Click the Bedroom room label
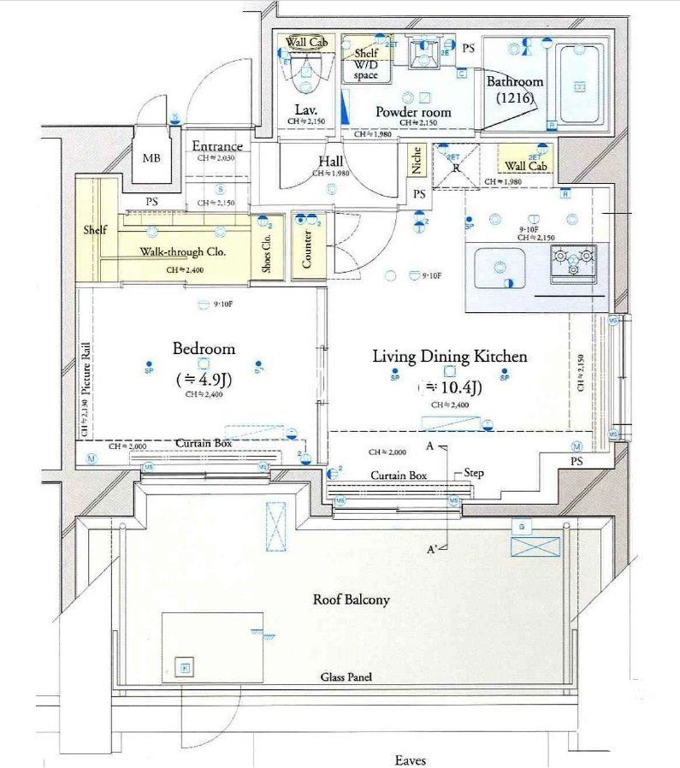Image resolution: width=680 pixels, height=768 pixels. [x=204, y=349]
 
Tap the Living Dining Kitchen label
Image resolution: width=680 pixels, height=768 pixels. [x=449, y=357]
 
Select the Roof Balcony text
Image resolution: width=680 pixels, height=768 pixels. [x=351, y=600]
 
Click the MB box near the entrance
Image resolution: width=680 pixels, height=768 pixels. [x=151, y=158]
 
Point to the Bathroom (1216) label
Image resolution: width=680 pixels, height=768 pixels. [x=515, y=90]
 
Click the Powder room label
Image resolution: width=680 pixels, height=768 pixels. [x=413, y=111]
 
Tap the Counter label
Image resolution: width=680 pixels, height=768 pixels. [x=307, y=246]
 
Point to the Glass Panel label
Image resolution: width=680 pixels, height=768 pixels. [x=346, y=677]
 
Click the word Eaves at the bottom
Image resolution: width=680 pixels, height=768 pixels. [x=411, y=759]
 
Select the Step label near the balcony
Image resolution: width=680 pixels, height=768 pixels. [x=475, y=471]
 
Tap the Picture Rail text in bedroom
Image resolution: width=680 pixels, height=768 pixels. [x=86, y=369]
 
